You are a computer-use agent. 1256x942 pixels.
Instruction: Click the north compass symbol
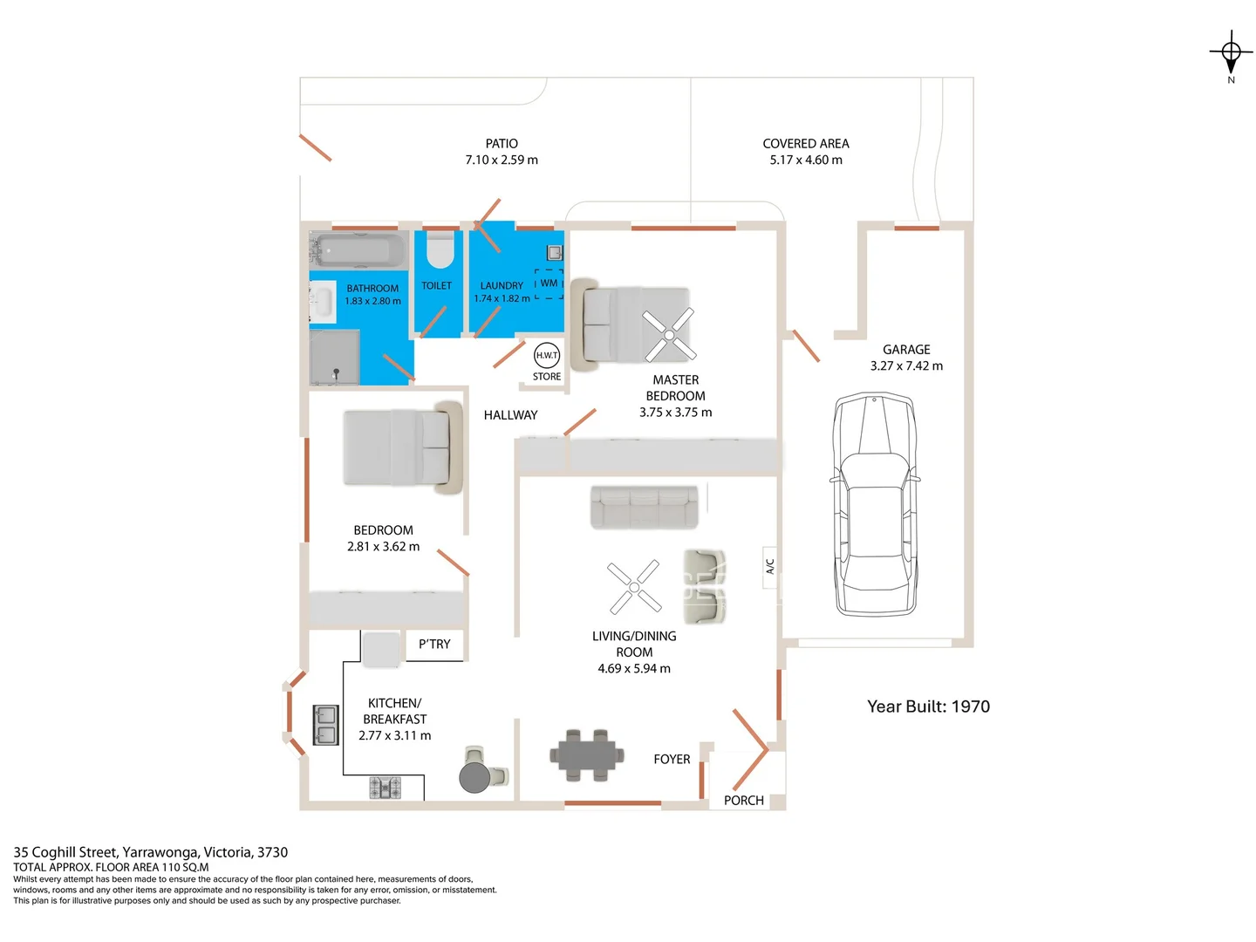pyautogui.click(x=1231, y=54)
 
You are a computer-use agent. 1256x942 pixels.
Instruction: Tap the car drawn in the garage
pyautogui.click(x=875, y=505)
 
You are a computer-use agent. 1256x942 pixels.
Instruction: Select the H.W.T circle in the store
pyautogui.click(x=547, y=356)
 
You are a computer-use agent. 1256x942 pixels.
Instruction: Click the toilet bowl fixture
pyautogui.click(x=439, y=249)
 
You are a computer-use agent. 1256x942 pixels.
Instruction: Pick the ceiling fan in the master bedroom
pyautogui.click(x=669, y=335)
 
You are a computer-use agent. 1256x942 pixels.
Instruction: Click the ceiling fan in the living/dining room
pyautogui.click(x=634, y=587)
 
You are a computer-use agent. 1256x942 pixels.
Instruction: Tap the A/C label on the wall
pyautogui.click(x=769, y=566)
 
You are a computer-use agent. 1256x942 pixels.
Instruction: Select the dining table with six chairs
pyautogui.click(x=586, y=755)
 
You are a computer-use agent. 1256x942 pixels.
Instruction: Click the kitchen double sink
pyautogui.click(x=325, y=725)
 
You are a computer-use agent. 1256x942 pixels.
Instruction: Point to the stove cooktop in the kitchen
pyautogui.click(x=385, y=788)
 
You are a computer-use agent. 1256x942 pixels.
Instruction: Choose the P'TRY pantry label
pyautogui.click(x=434, y=645)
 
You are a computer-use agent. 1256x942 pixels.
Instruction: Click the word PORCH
pyautogui.click(x=743, y=801)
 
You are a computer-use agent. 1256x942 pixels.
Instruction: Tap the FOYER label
pyautogui.click(x=672, y=760)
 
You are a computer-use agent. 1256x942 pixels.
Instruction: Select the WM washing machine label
pyautogui.click(x=549, y=283)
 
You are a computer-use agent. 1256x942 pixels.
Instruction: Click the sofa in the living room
pyautogui.click(x=645, y=507)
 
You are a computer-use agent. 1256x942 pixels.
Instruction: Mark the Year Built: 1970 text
pyautogui.click(x=928, y=706)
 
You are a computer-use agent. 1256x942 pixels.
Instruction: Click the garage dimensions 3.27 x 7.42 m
pyautogui.click(x=906, y=366)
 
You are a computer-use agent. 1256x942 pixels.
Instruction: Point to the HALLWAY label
pyautogui.click(x=510, y=415)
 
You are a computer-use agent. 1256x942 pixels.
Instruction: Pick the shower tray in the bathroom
pyautogui.click(x=335, y=357)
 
